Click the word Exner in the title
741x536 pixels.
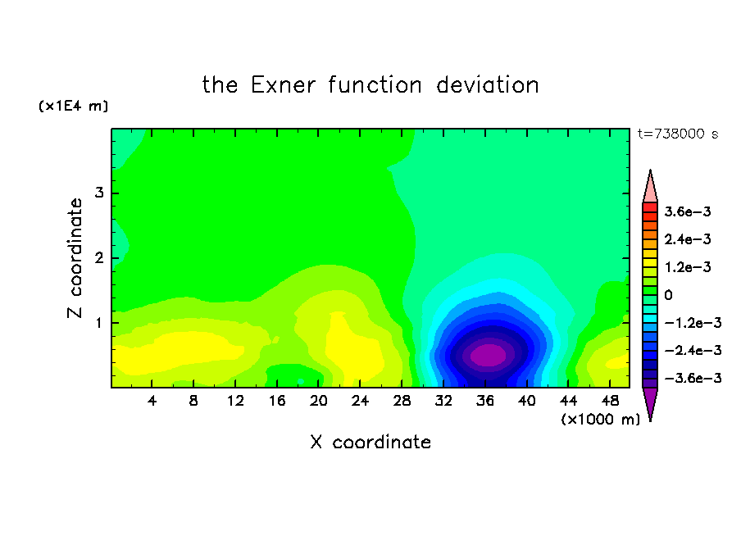(x=283, y=85)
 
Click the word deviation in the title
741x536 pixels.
(x=487, y=85)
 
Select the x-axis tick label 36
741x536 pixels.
(x=485, y=401)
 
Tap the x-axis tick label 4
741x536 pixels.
(x=152, y=401)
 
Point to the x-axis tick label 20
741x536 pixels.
(x=318, y=401)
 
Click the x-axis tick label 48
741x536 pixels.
(x=610, y=401)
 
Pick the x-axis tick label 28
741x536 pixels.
(x=402, y=401)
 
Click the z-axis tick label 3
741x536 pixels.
(x=99, y=193)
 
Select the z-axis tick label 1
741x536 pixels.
(x=99, y=323)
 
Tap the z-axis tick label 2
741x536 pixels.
(x=99, y=258)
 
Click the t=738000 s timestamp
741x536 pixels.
(x=678, y=134)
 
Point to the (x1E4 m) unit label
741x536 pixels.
(x=73, y=106)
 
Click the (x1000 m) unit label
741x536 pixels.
(x=600, y=420)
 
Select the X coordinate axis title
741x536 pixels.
(x=370, y=443)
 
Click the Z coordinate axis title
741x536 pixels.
(x=75, y=258)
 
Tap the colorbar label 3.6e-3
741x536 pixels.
(x=687, y=211)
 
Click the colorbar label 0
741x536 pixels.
(x=668, y=295)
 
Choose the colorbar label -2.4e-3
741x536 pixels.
(x=693, y=350)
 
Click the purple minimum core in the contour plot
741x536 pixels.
(x=489, y=355)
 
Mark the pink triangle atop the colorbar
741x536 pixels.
(x=650, y=189)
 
